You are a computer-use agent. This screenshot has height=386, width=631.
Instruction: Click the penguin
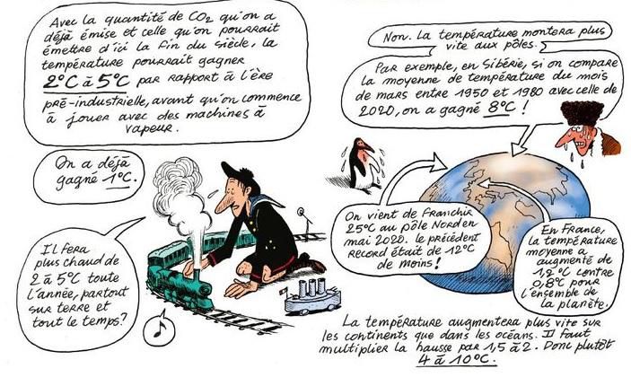click(362, 165)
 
